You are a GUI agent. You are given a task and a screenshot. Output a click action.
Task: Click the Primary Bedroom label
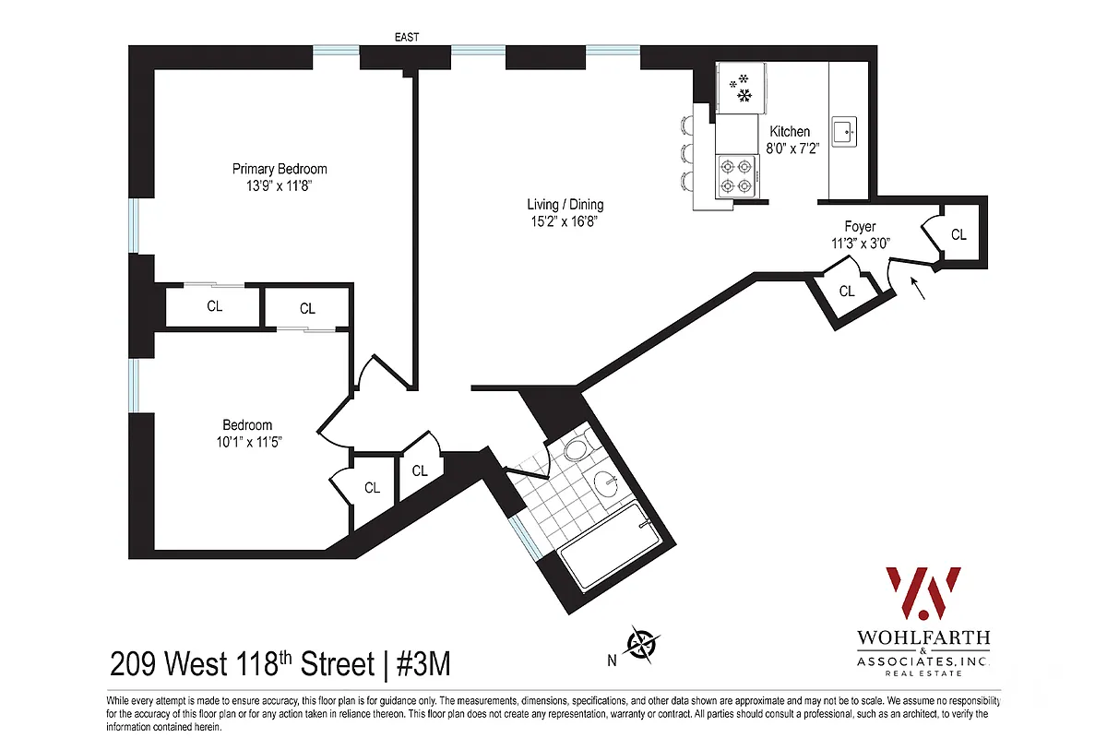[280, 169]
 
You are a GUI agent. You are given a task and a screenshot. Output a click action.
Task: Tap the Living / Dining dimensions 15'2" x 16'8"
[565, 221]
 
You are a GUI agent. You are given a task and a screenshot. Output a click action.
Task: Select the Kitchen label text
[790, 132]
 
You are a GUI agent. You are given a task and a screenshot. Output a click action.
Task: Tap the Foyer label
[860, 226]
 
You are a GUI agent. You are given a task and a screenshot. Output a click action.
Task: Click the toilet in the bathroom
[577, 450]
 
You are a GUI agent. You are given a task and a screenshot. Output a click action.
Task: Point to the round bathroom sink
[605, 483]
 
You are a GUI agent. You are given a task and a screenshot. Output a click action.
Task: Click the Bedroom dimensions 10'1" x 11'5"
[247, 441]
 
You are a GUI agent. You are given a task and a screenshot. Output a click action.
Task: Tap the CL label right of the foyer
[958, 235]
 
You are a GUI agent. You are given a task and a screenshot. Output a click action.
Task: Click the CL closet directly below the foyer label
[847, 291]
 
